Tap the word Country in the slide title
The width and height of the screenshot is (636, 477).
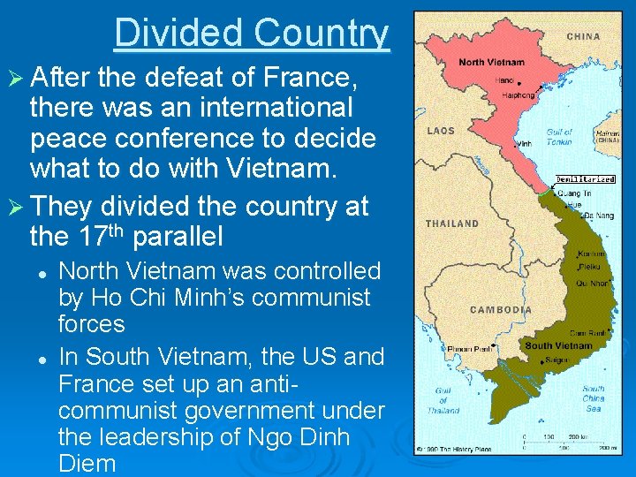pos(320,34)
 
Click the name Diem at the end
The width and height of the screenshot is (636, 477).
pos(87,464)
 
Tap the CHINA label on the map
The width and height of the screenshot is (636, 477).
pos(582,37)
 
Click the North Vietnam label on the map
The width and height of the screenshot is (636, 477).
pos(491,62)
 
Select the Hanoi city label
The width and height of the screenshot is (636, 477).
pos(503,79)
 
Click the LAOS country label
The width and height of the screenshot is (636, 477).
pos(440,131)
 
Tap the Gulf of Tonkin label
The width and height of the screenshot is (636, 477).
pos(558,137)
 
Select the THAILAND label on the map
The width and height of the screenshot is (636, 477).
pos(452,223)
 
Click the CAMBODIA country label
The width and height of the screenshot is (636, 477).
pos(501,309)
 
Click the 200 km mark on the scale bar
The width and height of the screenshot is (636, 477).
pos(579,436)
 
